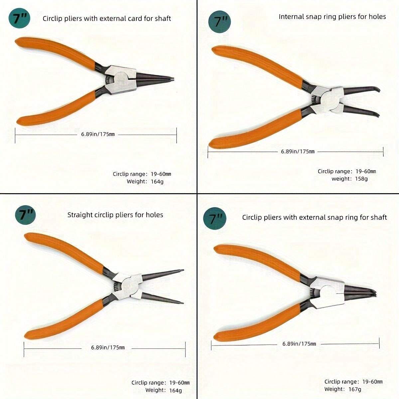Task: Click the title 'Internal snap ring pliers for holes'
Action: click(x=332, y=17)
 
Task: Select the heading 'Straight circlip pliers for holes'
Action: click(x=115, y=215)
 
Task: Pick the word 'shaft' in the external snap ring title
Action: click(x=378, y=217)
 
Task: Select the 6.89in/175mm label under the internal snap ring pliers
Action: click(x=298, y=152)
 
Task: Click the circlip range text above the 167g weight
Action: click(x=353, y=382)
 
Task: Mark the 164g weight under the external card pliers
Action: click(x=157, y=182)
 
